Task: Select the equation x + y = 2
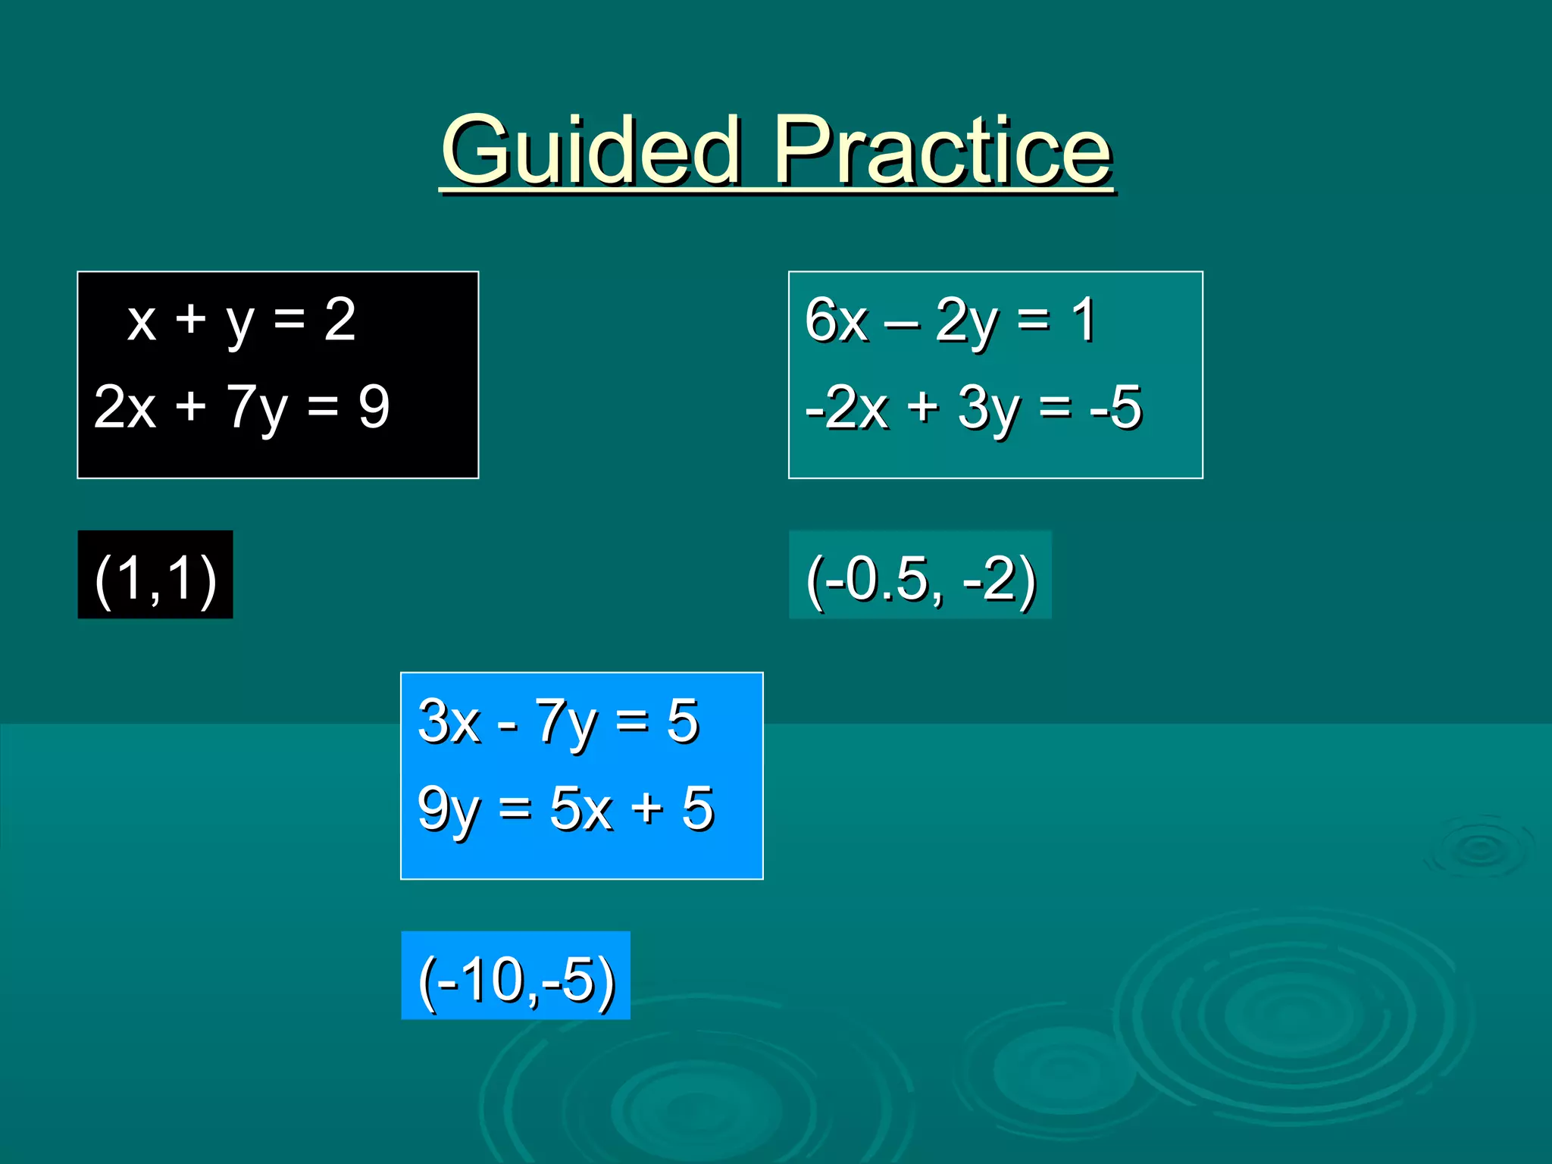[241, 321]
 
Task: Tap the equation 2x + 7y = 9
[241, 408]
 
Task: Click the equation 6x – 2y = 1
[950, 321]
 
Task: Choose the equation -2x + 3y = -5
[973, 408]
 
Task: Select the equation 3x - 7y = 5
[558, 721]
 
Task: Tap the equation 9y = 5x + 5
[565, 809]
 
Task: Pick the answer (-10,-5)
[516, 979]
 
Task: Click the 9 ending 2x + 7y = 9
[374, 408]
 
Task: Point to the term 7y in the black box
[257, 408]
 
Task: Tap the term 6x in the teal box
[836, 321]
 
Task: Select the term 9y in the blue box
[448, 809]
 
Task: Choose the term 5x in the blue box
[580, 809]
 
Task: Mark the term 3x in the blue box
[449, 721]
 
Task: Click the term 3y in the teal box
[988, 408]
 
